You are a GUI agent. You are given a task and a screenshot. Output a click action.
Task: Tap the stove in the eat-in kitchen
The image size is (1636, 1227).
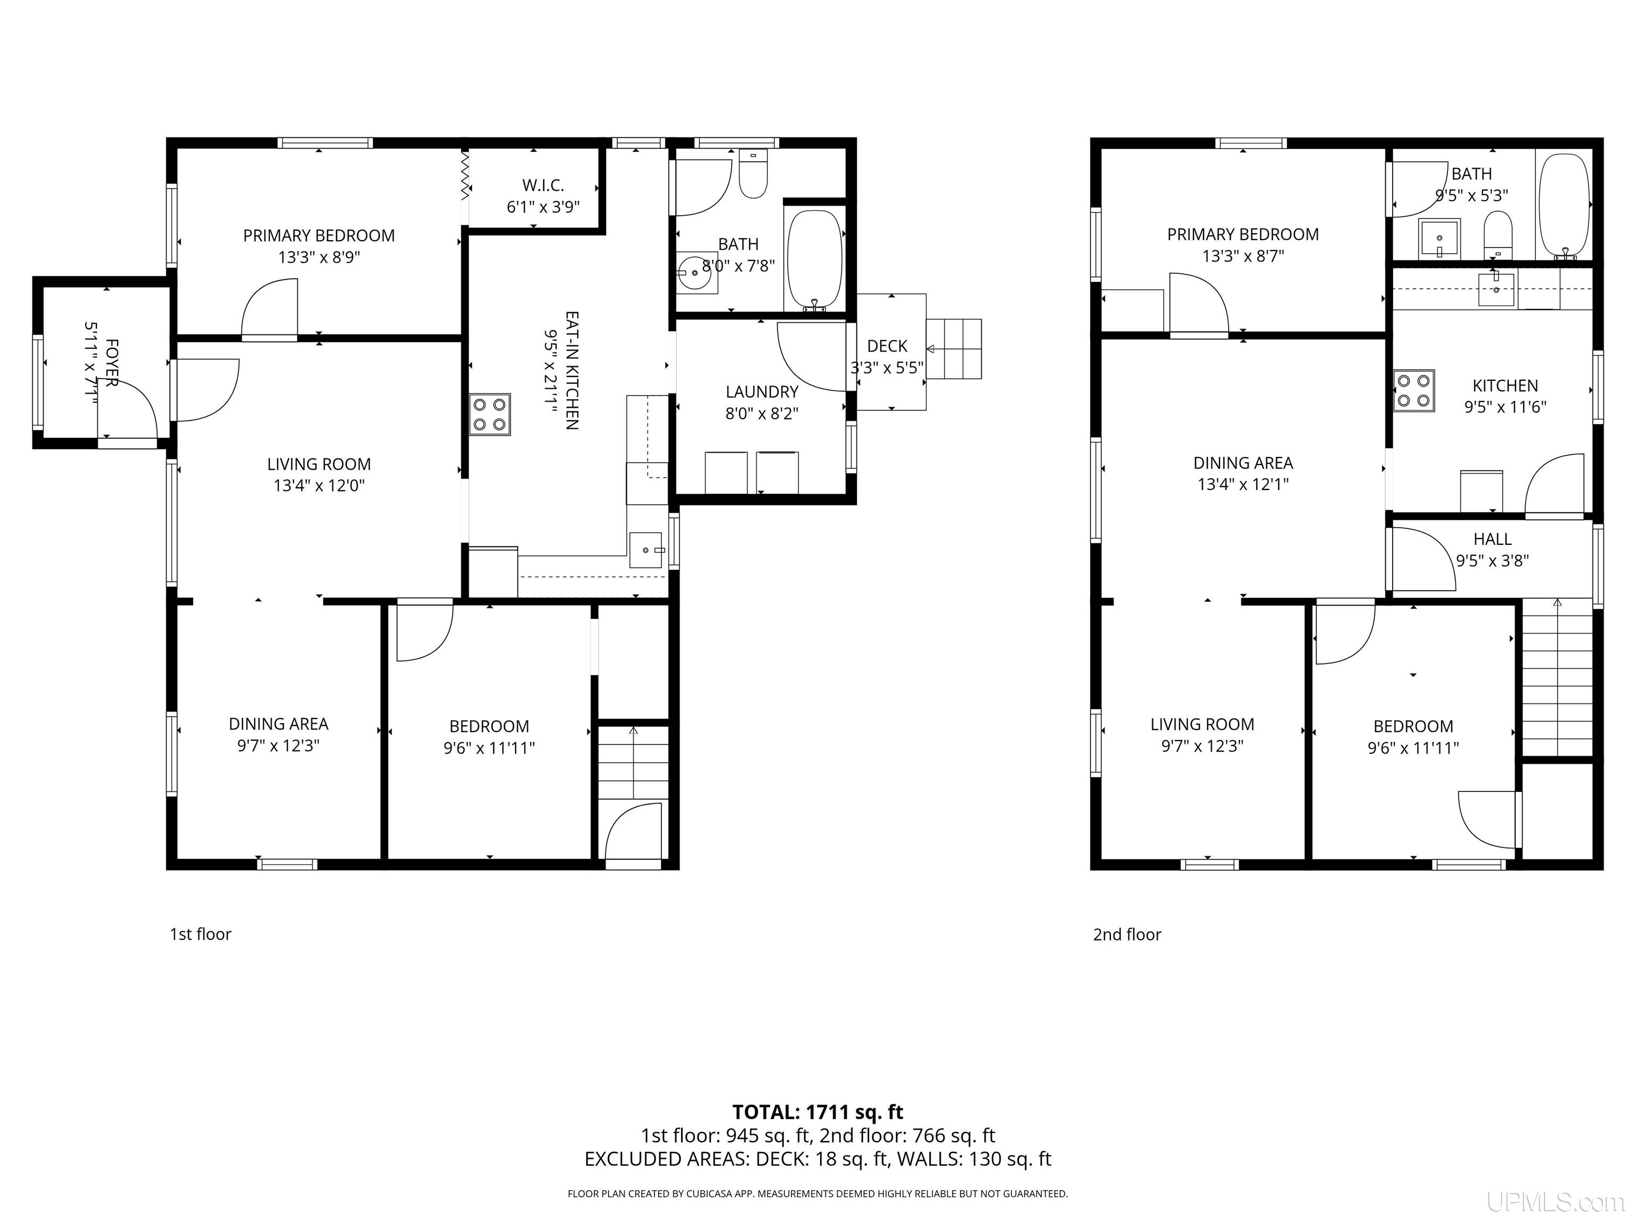pos(489,414)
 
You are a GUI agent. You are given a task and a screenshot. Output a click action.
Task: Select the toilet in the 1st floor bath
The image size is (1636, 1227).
pos(753,174)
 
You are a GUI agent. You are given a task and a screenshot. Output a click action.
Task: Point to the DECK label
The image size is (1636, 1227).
pos(887,346)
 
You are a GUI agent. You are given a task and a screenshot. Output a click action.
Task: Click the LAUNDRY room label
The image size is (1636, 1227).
pos(762,392)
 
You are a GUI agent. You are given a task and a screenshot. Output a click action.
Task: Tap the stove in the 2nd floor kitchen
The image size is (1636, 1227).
pos(1413,390)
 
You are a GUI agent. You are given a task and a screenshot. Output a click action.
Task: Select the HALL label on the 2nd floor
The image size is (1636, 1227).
pos(1493,539)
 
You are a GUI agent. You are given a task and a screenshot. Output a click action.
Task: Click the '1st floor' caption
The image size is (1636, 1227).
pos(200,934)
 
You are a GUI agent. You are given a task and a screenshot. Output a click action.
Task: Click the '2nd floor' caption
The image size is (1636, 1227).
pos(1127,935)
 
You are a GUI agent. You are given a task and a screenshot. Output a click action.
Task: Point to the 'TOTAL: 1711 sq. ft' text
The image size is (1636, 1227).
pos(817,1111)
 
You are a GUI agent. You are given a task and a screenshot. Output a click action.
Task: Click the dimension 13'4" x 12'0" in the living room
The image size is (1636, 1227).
pos(319,486)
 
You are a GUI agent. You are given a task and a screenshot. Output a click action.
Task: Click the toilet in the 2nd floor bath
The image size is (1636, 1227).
pos(1498,235)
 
